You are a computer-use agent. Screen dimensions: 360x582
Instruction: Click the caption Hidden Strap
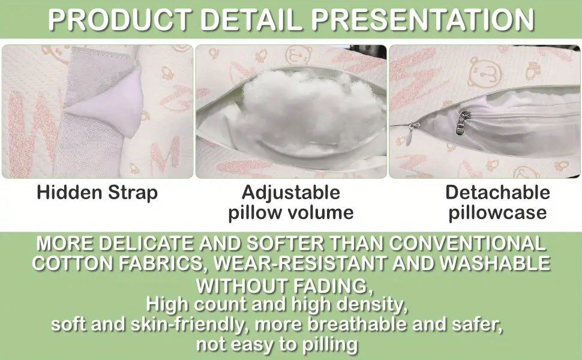(x=97, y=193)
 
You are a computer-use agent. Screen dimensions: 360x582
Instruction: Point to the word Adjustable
(x=291, y=193)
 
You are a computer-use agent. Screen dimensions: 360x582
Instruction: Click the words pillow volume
(x=291, y=212)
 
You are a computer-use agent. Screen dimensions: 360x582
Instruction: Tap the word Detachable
(x=497, y=193)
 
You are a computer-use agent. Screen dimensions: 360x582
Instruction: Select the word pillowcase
(x=497, y=212)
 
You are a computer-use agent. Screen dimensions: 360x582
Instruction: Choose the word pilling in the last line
(x=331, y=345)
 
